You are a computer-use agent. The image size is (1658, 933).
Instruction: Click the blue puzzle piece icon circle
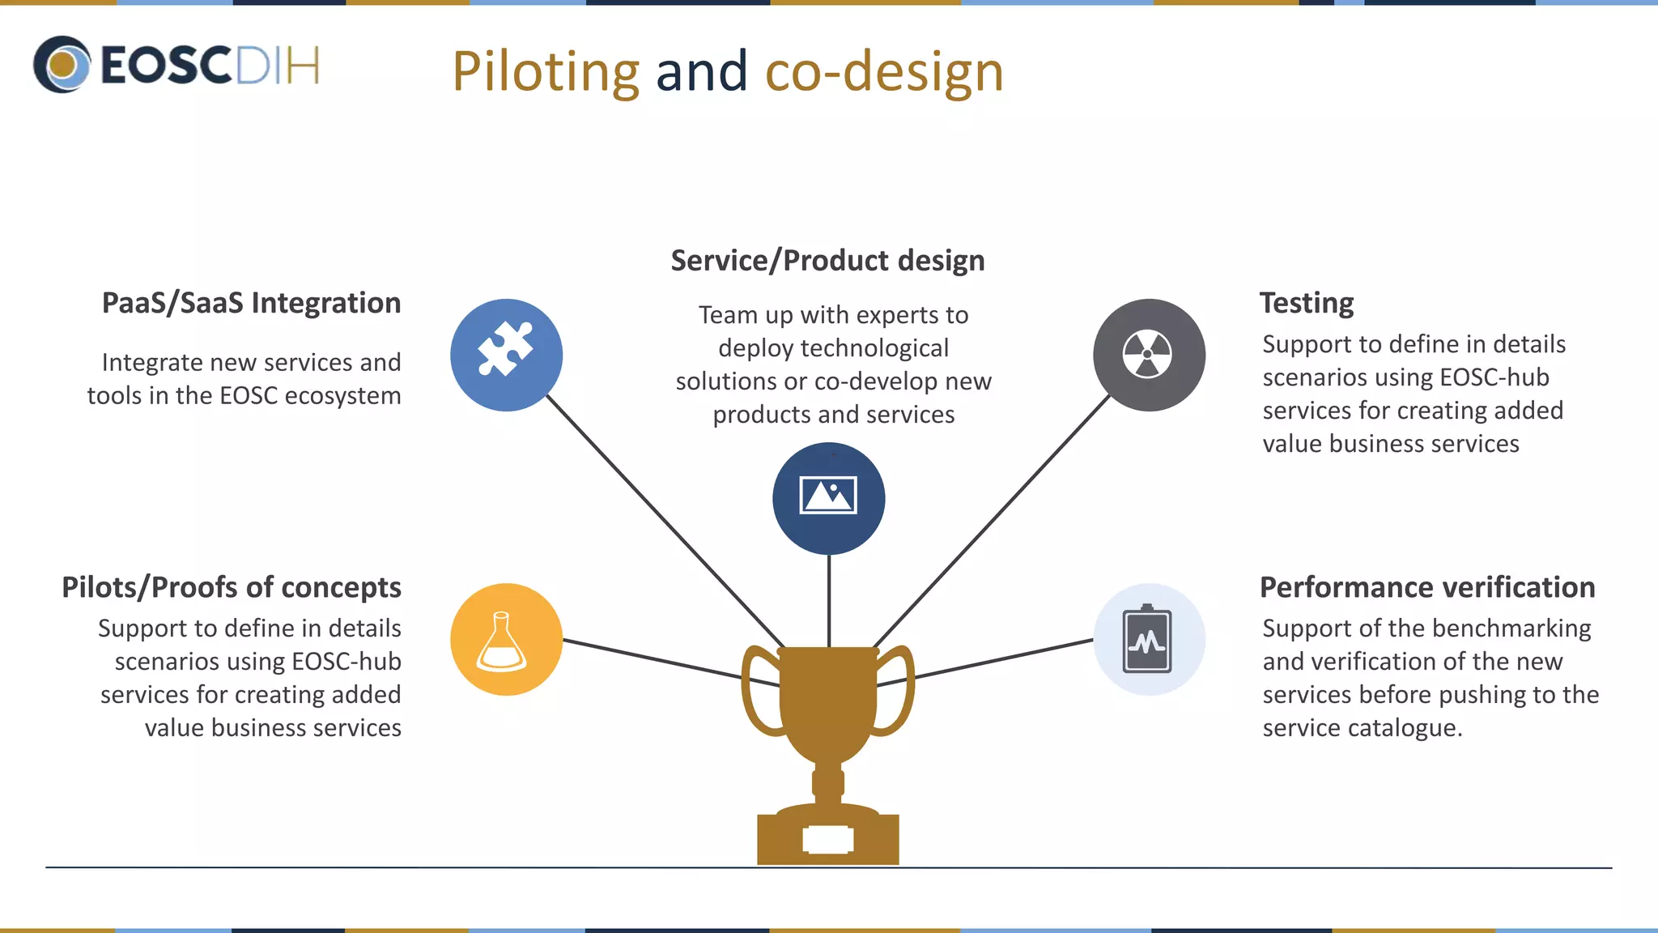pos(506,355)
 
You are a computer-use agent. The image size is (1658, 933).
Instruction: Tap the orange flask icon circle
pos(506,639)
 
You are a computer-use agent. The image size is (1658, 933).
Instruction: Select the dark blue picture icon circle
pos(828,498)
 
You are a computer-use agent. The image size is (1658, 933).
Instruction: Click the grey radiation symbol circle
pos(1148,355)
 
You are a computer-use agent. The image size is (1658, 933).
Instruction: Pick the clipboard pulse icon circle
pos(1148,639)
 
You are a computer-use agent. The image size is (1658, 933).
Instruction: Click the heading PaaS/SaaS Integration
pos(251,303)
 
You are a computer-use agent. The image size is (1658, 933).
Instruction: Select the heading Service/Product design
pos(827,261)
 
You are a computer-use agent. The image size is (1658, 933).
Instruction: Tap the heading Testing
pos(1306,303)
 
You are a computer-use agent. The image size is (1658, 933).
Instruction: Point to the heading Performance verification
pos(1426,587)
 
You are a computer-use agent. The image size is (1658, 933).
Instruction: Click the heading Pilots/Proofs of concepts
pos(232,587)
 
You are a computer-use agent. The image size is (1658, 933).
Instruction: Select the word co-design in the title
pos(884,72)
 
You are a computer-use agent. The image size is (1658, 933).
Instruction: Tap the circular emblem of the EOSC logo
pos(62,64)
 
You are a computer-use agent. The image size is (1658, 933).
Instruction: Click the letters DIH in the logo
pos(278,65)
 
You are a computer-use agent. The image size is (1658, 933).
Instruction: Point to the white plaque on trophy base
pos(827,840)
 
